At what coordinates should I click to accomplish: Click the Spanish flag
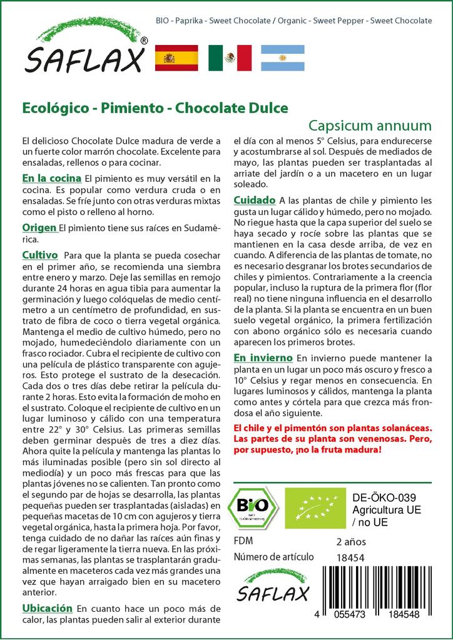(176, 57)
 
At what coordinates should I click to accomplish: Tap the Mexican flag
(230, 57)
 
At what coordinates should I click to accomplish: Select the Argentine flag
(283, 57)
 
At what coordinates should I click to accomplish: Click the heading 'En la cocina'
(51, 179)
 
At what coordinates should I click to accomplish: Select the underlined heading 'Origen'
(40, 227)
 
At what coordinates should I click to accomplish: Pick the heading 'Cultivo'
(40, 256)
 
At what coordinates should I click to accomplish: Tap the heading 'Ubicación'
(47, 607)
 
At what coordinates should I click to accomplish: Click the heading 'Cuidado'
(255, 200)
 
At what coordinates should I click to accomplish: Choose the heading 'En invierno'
(263, 357)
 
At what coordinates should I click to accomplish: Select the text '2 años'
(351, 541)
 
